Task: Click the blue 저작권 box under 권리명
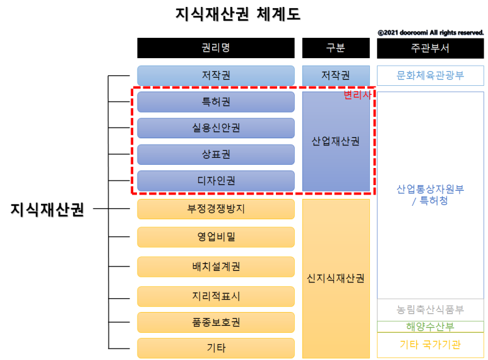point(216,75)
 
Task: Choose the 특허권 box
point(216,102)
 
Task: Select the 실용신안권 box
point(216,128)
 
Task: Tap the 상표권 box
point(216,154)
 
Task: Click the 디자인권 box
point(216,181)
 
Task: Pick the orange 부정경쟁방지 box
point(216,209)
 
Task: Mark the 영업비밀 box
point(216,237)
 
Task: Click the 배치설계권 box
point(216,267)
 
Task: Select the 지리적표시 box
point(216,296)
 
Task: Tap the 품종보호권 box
point(216,322)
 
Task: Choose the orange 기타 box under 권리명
point(216,348)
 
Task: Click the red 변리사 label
point(357,95)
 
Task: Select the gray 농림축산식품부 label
point(430,310)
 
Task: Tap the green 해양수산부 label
point(430,327)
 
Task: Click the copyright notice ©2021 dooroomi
point(431,32)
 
